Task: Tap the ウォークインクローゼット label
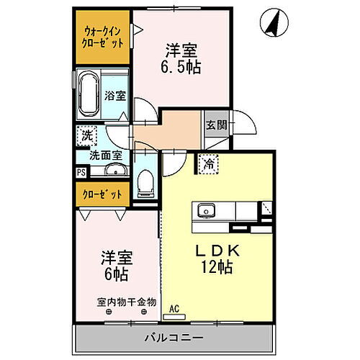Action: pos(102,37)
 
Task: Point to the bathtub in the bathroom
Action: pos(89,94)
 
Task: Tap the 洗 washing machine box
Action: pos(86,135)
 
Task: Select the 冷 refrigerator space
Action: pos(208,164)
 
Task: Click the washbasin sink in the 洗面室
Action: pos(115,170)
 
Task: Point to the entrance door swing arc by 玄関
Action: pos(247,124)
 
